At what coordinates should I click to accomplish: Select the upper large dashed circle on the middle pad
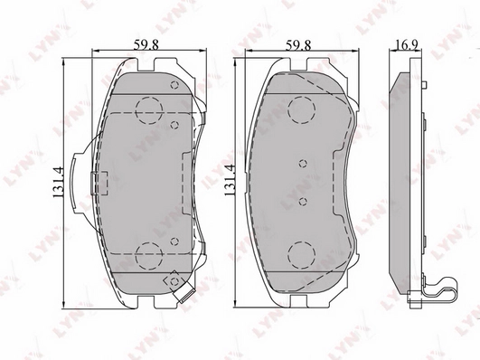point(299,110)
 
